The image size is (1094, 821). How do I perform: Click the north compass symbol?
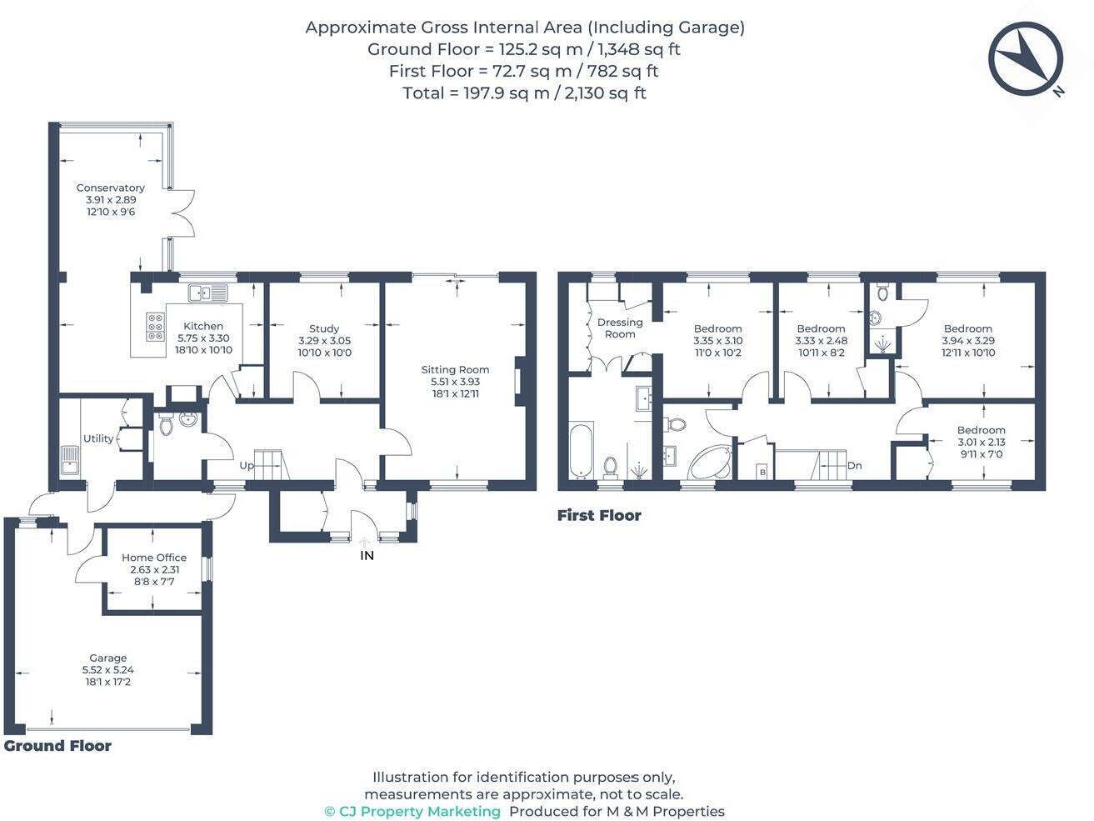[x=1026, y=59]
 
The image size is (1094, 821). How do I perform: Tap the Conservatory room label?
[x=110, y=188]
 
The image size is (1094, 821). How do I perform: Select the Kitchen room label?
[x=203, y=326]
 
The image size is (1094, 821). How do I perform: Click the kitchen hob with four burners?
[x=156, y=327]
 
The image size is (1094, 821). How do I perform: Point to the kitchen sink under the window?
[x=207, y=293]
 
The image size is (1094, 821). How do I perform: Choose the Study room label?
[x=324, y=328]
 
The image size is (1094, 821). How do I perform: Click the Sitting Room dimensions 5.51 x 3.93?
[x=455, y=382]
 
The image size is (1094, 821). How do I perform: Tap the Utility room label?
[x=98, y=438]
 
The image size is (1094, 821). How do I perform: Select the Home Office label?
[x=154, y=558]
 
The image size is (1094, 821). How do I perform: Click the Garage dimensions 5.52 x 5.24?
[x=107, y=670]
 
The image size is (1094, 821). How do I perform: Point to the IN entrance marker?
[x=367, y=555]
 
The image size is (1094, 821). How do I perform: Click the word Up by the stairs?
[x=247, y=465]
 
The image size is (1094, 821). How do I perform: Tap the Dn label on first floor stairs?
[x=854, y=466]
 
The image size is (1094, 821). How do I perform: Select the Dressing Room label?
[x=620, y=328]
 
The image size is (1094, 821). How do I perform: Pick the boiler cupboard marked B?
[x=762, y=473]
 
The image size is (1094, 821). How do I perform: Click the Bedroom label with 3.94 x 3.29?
[x=968, y=328]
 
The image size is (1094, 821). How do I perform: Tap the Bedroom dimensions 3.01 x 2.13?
[x=981, y=443]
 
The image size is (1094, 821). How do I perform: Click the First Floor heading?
[x=599, y=515]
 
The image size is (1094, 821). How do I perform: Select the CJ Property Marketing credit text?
[x=412, y=811]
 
